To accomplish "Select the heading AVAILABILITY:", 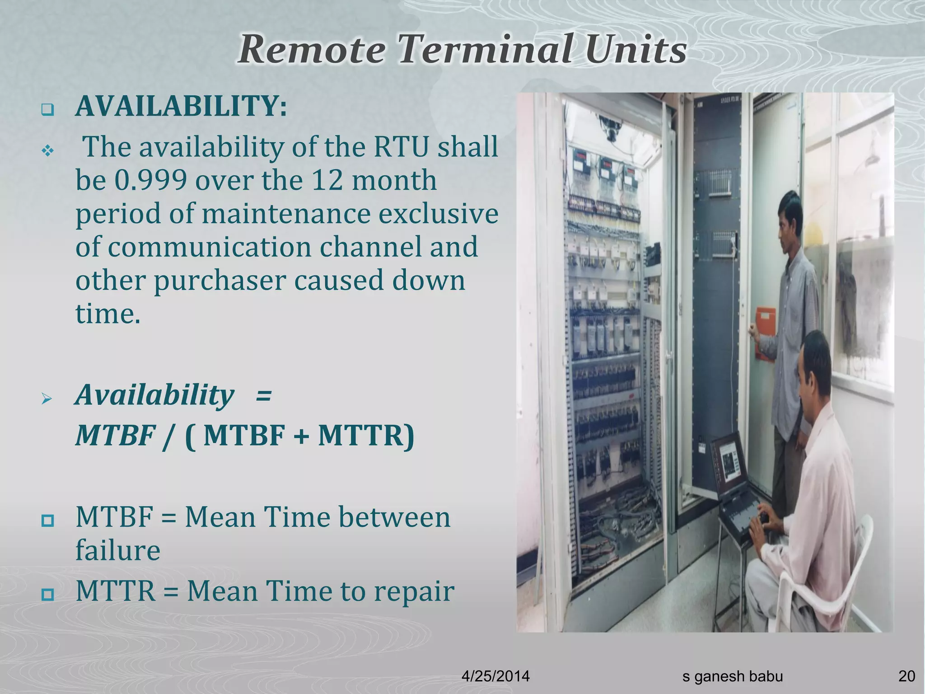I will click(181, 107).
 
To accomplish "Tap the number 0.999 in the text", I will click(150, 180).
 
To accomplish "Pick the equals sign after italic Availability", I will click(263, 395).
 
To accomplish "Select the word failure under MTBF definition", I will click(117, 550).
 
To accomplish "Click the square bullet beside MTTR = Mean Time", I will click(47, 593).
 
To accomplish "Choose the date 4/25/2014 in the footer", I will click(495, 676).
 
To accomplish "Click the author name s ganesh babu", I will click(732, 676).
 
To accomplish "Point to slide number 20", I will click(906, 676).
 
